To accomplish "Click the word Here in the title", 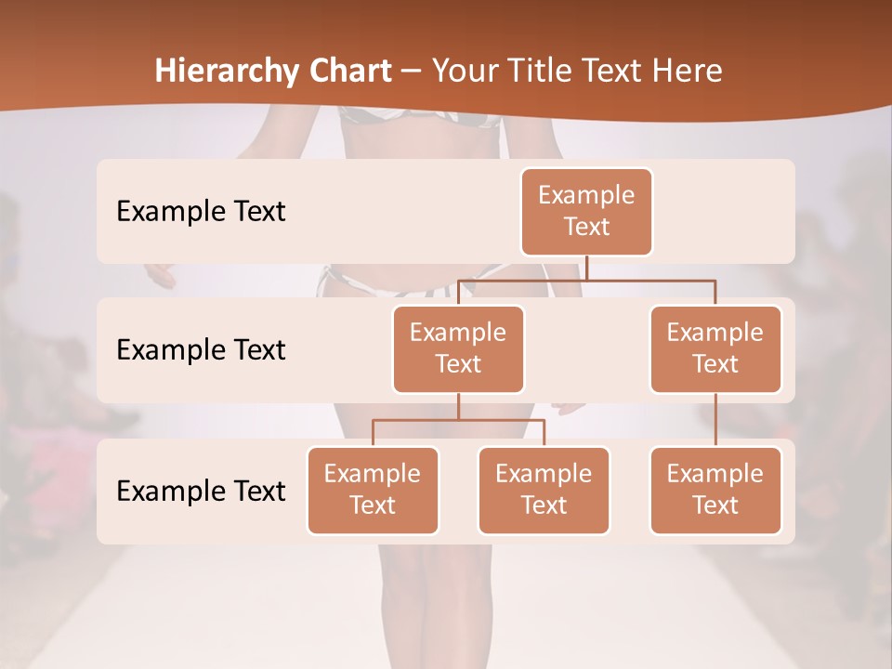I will point(687,71).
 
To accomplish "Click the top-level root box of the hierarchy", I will point(586,212).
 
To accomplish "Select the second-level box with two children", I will point(458,348).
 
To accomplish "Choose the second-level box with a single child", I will point(715,348).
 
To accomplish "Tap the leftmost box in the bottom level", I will point(373,490).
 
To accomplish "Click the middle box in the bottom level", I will point(544,490).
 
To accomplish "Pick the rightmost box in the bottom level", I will point(715,490).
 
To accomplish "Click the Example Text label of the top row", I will point(201,212).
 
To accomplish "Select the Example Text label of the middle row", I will point(201,350).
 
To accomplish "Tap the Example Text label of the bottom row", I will point(201,491).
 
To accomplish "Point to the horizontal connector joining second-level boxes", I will point(586,280).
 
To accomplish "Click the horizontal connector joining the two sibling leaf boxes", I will point(458,420).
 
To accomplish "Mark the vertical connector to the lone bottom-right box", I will point(715,420).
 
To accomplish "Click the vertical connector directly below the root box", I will point(586,268).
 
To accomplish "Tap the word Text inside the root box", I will point(586,227).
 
